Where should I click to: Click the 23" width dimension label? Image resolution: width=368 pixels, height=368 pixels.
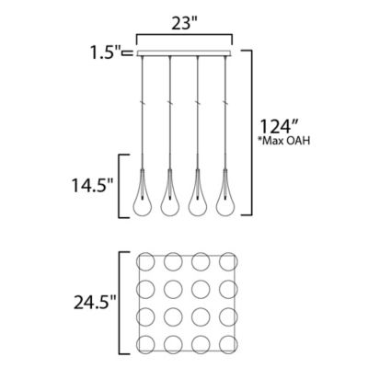[185, 24]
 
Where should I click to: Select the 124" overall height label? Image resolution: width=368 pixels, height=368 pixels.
[279, 126]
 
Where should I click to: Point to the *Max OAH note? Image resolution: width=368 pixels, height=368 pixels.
[285, 141]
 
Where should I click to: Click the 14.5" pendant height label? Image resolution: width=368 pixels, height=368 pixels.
[92, 186]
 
